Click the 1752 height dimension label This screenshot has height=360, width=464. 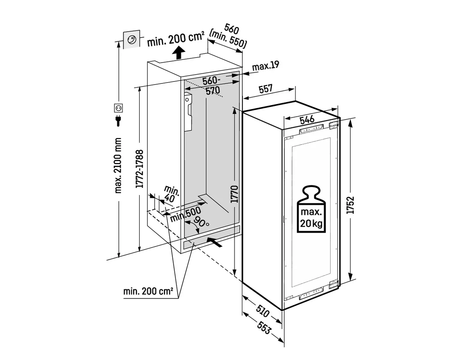pos(350,205)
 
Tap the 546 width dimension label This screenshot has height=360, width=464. pos(307,120)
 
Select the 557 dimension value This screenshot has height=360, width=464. pos(266,89)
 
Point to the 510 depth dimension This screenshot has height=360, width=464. pos(263,311)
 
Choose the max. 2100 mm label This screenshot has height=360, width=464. pos(118,166)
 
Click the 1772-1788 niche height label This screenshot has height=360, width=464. pos(140,169)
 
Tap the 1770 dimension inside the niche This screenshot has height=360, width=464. pos(234,194)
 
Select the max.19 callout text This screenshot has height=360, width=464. pos(266,66)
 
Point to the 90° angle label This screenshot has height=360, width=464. pos(201,222)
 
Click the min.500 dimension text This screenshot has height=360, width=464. pos(185,214)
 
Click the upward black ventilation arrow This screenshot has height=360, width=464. pos(179,53)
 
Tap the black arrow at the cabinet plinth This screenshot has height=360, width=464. pos(215,243)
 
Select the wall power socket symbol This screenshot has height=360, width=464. pos(118,108)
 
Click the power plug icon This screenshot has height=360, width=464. pos(118,121)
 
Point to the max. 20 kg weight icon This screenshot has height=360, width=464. pos(311,209)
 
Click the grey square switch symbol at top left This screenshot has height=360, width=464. pos(132,39)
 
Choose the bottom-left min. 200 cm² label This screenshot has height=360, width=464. pos(148,291)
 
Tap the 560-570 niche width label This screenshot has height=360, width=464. pos(211,86)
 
